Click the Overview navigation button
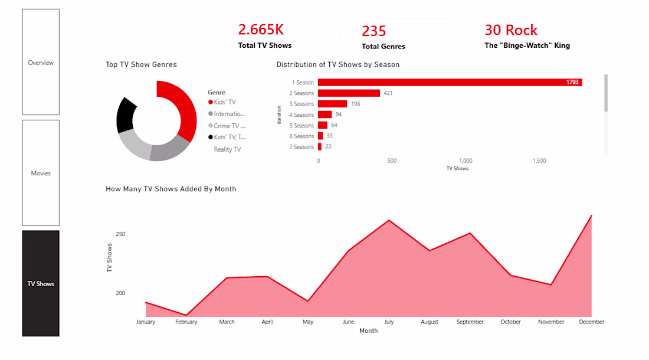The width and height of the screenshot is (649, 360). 41,62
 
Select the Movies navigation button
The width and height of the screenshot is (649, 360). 41,173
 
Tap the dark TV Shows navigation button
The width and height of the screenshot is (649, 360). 41,283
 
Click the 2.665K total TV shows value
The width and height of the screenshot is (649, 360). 261,30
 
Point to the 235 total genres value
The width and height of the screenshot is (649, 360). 373,31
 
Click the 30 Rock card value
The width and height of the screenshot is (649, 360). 511,30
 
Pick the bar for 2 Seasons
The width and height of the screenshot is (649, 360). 349,93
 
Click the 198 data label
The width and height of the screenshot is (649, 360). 355,104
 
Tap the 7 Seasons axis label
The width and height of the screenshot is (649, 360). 304,147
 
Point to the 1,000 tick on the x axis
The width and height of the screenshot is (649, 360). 466,161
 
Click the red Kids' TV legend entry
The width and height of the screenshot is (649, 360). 224,102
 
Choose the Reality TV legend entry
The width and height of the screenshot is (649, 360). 227,149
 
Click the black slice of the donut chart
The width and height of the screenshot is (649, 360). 125,114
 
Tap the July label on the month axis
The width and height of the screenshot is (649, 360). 389,322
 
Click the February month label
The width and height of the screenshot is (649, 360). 186,322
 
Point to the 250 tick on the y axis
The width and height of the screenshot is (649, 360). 120,234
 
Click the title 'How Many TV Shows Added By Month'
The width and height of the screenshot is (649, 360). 171,189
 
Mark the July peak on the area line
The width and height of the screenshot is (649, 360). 389,220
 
